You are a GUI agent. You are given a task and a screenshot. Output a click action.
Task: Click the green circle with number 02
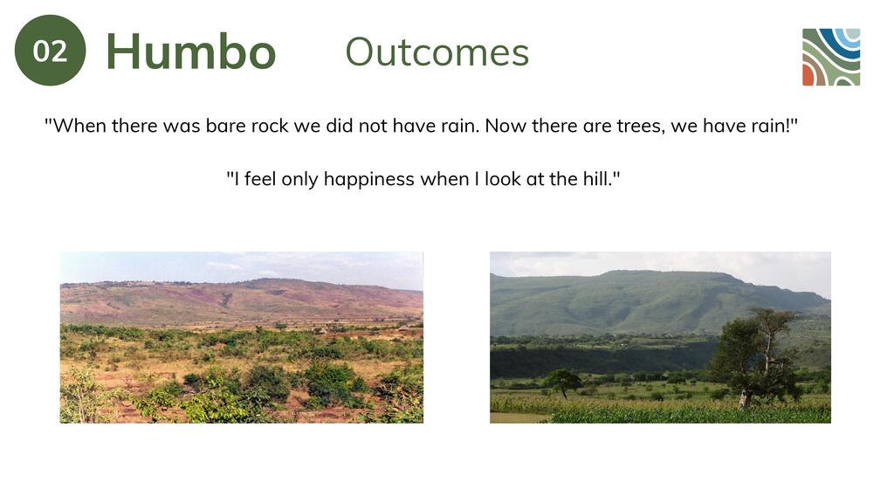[50, 50]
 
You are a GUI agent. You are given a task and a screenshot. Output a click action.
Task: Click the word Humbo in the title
[191, 52]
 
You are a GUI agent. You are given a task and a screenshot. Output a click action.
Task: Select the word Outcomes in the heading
[437, 52]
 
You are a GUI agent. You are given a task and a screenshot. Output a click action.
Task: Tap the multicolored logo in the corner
[831, 57]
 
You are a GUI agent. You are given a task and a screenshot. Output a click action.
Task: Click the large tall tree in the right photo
[755, 357]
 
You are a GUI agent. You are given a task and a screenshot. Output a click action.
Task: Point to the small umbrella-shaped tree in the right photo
[562, 382]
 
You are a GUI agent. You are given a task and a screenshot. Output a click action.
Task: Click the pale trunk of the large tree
[745, 398]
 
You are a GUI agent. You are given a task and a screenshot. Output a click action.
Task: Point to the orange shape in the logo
[808, 75]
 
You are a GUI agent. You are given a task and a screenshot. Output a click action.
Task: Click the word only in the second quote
[300, 179]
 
